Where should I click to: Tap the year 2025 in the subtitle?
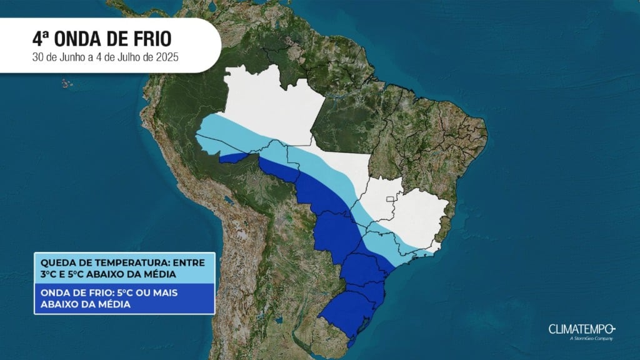[167, 59]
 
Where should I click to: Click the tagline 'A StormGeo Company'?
[591, 339]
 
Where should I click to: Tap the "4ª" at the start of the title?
[40, 39]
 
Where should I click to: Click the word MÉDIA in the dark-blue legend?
[117, 305]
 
